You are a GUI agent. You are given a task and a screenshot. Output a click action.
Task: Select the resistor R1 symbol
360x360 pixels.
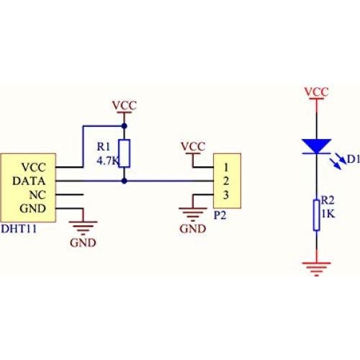125,153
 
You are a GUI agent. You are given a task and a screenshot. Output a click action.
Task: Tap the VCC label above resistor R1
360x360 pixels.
125,106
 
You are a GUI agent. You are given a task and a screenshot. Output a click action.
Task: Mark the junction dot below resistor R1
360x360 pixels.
125,181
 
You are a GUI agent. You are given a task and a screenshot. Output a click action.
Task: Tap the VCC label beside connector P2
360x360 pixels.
193,146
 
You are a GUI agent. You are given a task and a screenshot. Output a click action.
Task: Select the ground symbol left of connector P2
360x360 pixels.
193,211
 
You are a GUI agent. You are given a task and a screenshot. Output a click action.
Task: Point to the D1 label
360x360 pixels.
353,159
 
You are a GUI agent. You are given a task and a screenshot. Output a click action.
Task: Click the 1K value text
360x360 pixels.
328,215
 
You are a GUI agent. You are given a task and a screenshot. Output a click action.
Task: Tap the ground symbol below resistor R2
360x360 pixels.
315,269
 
